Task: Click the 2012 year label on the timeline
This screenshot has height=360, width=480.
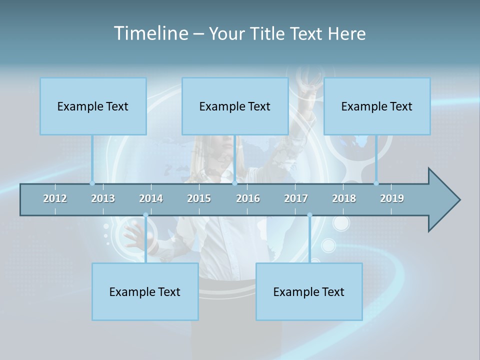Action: pos(55,198)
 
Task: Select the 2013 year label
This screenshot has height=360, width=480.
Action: pos(103,198)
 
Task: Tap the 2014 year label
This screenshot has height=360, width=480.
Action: pos(151,198)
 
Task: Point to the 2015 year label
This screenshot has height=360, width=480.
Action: pos(199,198)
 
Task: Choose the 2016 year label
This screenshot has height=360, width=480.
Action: pos(248,198)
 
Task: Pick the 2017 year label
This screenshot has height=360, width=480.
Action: pos(296,198)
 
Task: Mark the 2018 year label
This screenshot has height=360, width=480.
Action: pos(344,198)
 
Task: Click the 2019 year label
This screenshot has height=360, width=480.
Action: pos(392,198)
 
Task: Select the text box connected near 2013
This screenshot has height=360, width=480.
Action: pos(93,106)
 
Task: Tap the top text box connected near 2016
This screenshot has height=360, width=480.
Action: pos(235,106)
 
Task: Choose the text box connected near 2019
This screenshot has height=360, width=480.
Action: pos(377,106)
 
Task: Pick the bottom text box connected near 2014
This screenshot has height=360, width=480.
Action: pos(145,291)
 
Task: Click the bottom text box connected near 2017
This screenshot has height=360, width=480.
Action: pos(309,291)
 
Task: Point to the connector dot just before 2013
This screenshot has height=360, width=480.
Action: pos(92,183)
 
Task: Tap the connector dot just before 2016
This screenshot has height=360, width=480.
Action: pos(234,183)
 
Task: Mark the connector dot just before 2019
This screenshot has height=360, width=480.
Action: pos(376,183)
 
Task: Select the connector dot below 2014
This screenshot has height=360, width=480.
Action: pos(145,215)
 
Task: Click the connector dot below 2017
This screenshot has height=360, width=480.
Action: pos(309,215)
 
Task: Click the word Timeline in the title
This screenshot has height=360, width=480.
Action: pos(150,33)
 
